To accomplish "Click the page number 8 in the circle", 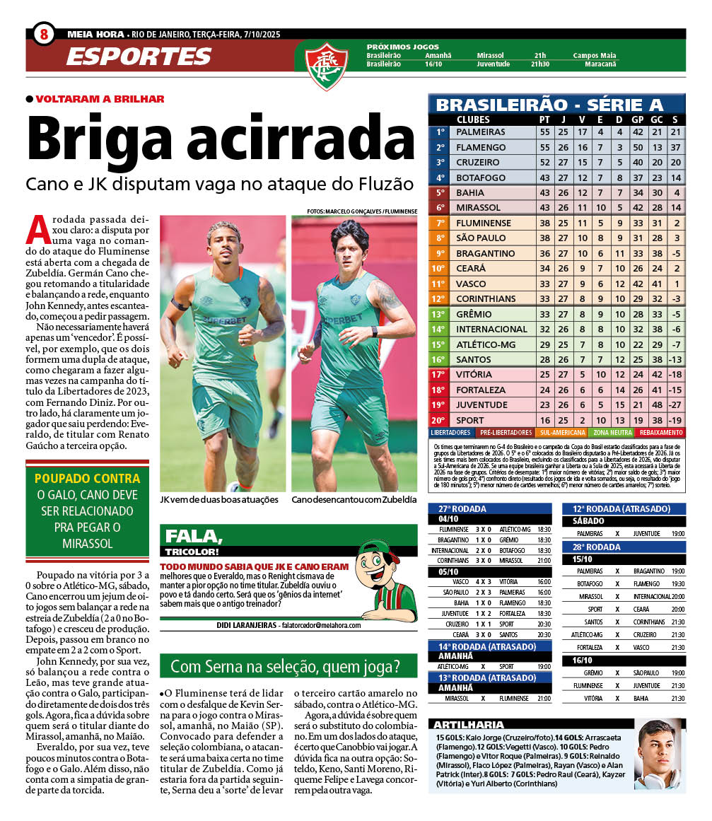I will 44,34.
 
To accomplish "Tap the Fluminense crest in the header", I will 326,64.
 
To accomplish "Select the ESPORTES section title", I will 139,57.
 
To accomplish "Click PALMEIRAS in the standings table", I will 480,132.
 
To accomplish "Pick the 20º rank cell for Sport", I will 439,420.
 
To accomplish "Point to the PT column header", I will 544,120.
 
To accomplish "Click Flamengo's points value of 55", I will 544,147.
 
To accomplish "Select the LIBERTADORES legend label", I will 451,432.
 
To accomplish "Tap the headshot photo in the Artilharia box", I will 659,753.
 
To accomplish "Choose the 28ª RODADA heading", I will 593,547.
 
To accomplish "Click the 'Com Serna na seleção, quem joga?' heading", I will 285,666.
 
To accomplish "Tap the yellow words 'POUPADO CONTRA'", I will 87,478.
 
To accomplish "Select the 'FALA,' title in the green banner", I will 185,536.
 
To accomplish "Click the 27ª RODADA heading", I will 459,508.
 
